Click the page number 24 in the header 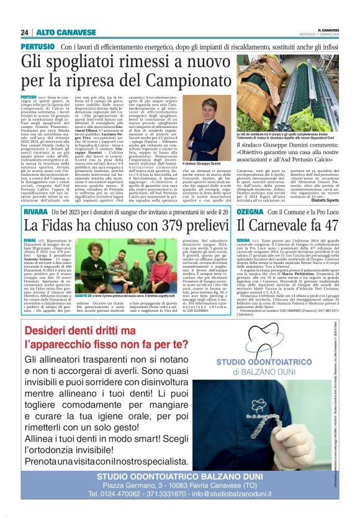point(24,32)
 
